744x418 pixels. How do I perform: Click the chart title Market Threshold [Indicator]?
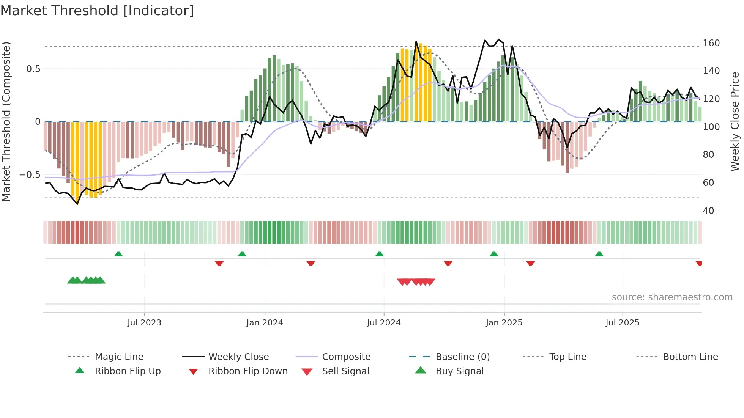97,11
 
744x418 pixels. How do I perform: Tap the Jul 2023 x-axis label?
144,323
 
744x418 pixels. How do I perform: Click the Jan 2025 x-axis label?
504,323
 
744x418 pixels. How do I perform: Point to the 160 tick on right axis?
711,43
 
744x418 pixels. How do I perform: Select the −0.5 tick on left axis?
30,175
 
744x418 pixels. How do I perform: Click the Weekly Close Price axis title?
735,121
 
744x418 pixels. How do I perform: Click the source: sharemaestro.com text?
672,297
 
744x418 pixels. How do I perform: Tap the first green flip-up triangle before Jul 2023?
118,254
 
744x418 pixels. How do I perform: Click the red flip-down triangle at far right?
699,263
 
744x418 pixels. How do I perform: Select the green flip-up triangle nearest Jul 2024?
379,254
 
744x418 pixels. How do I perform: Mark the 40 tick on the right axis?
708,211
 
